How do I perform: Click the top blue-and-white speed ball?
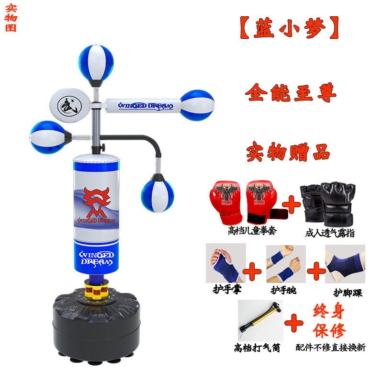(96, 65)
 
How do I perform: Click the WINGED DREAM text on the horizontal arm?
(146, 106)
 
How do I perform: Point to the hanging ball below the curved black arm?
(158, 193)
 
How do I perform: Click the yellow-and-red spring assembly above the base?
(96, 290)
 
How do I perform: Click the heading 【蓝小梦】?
(290, 28)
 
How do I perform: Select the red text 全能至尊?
(291, 92)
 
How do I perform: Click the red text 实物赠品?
(288, 152)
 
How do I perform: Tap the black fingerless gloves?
(328, 204)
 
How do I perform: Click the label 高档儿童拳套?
(252, 231)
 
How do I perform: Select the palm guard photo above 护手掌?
(226, 263)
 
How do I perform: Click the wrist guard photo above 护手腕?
(286, 264)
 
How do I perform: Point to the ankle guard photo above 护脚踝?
(345, 264)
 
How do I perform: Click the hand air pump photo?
(260, 320)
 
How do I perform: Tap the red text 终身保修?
(329, 320)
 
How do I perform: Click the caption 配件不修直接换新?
(330, 348)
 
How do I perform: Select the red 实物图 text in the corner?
(11, 18)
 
